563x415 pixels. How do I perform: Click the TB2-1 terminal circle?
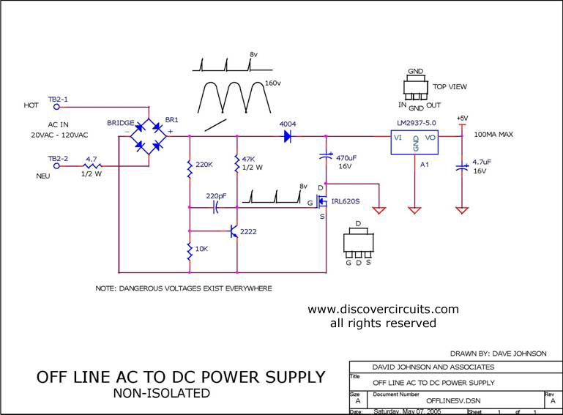(56, 107)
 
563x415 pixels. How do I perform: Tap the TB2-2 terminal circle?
(56, 166)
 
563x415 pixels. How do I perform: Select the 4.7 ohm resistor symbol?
(92, 166)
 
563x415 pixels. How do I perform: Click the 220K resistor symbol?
(190, 169)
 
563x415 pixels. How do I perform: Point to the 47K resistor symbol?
(236, 164)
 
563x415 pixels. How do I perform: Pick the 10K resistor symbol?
(190, 251)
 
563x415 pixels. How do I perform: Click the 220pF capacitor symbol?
(215, 208)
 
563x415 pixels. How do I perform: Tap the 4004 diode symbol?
(287, 136)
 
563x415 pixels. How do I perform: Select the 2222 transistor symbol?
(234, 231)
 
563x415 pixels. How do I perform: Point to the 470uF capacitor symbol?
(326, 156)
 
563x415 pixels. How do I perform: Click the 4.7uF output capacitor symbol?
(462, 168)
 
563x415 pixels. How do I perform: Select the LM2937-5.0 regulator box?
(414, 143)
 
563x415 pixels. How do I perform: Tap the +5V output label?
(462, 118)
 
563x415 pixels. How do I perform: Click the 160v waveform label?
(273, 83)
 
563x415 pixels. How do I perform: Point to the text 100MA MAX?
(493, 135)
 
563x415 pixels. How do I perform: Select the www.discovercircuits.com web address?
(383, 309)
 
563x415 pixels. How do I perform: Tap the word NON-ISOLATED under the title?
(162, 393)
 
